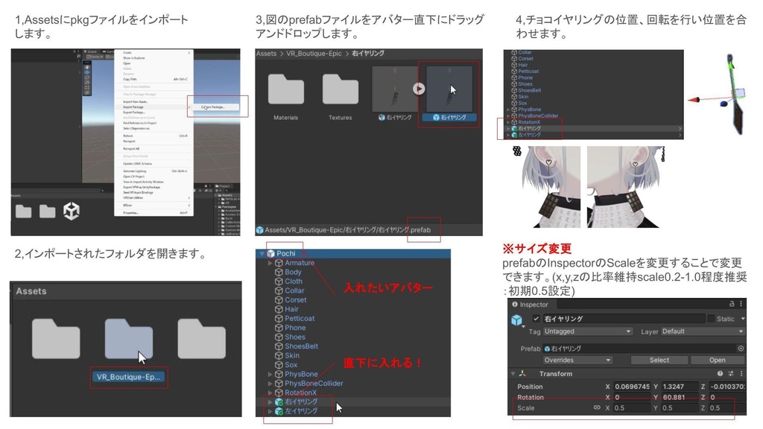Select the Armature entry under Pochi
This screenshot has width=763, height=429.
[x=300, y=263]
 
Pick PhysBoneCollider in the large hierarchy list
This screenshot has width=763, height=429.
[x=314, y=383]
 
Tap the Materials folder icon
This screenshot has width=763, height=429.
[x=285, y=90]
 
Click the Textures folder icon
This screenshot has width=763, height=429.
[x=340, y=90]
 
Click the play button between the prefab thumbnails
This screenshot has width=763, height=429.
[x=419, y=89]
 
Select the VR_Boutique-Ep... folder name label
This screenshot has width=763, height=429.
[x=127, y=377]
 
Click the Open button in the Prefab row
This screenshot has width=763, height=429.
[x=717, y=360]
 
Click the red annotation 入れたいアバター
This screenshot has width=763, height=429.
[x=387, y=287]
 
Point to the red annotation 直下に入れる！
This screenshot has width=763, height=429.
[x=383, y=363]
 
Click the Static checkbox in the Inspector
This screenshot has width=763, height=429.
[x=710, y=319]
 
